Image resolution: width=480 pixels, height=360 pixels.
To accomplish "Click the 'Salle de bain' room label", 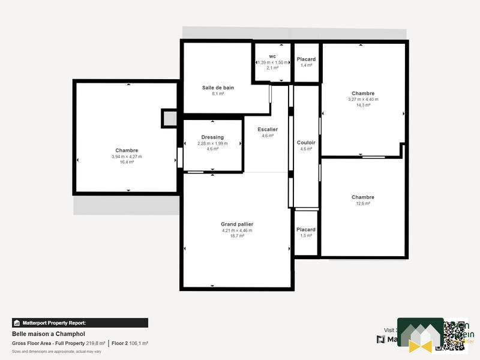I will (218, 88).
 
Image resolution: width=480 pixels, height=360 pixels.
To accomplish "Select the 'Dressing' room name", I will (212, 137).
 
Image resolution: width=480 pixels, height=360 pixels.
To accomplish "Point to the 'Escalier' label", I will (268, 130).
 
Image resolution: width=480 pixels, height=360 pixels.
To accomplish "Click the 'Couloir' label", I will (306, 143).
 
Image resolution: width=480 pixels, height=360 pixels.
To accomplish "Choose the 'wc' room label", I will (272, 56).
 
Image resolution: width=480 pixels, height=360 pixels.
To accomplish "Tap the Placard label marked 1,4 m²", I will (306, 59).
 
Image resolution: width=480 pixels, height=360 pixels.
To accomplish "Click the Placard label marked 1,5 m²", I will (306, 230).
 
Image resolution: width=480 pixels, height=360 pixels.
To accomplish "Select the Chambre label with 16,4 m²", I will (127, 151).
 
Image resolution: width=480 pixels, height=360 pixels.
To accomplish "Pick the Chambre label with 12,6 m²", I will (363, 197).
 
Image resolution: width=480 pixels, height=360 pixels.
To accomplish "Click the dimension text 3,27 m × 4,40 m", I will (363, 99).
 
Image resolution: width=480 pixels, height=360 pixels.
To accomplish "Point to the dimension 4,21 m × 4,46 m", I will (237, 230).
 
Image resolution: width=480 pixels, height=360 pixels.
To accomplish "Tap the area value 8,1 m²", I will (218, 94).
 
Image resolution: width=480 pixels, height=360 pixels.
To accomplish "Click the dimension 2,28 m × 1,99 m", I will (212, 143).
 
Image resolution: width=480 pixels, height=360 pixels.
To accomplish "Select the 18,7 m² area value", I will (237, 236).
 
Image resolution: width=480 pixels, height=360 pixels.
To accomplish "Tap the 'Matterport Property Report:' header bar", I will (80, 323).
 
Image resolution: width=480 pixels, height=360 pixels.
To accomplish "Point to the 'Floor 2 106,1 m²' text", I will (130, 343).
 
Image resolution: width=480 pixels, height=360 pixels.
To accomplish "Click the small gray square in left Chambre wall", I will (170, 119).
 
